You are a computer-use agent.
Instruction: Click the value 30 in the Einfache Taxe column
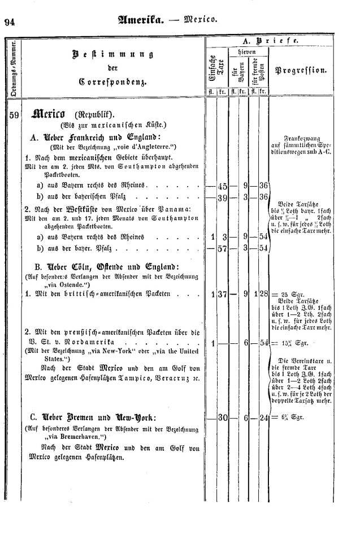click(222, 417)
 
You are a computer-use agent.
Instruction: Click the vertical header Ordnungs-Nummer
click(12, 67)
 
